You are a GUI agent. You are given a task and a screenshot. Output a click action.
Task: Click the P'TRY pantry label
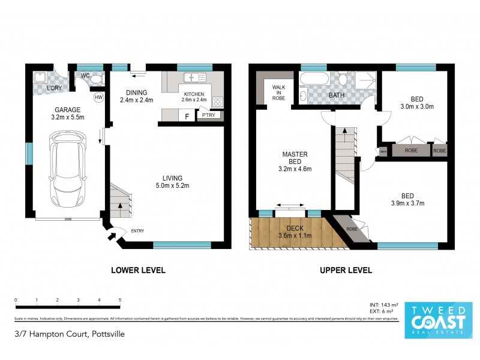pos(208,115)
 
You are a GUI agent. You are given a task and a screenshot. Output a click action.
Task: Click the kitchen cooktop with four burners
pos(218,101)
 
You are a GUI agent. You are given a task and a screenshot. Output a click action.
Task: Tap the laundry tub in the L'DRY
pos(40,77)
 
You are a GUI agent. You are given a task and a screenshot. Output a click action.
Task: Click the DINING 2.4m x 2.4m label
pos(137,96)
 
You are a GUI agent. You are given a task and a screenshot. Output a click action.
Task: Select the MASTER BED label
pos(295,161)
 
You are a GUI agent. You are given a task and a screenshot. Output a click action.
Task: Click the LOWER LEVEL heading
pos(138,271)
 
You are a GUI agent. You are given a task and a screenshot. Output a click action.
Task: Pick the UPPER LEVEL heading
pos(346,271)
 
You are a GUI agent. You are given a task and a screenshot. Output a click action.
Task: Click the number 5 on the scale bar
pos(120,299)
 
